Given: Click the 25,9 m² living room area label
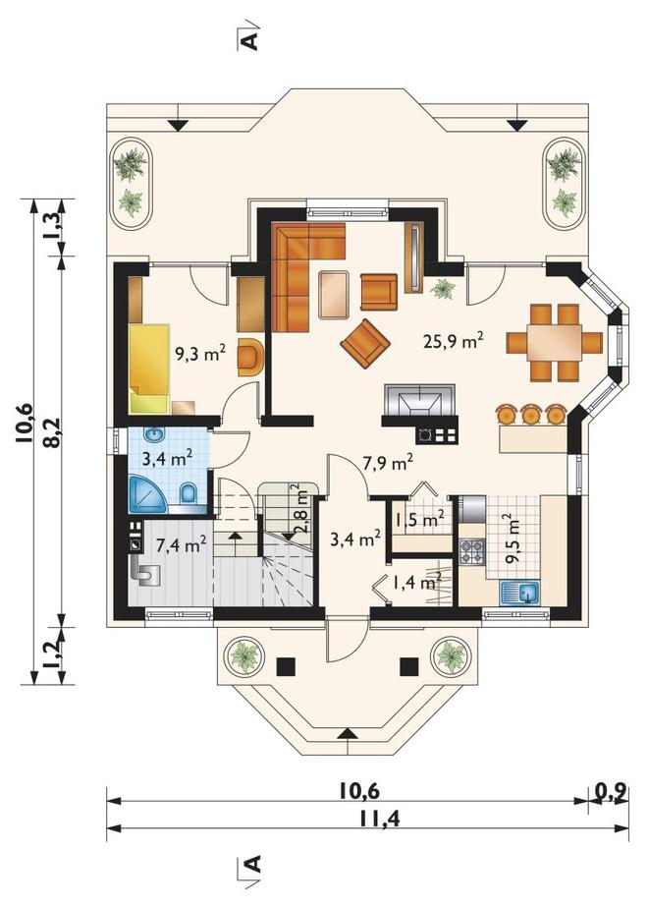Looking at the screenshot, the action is click(x=454, y=340).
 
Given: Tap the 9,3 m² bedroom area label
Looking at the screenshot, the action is click(x=200, y=353).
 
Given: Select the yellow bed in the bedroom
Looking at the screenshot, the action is click(x=150, y=369).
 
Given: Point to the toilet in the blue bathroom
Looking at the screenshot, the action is click(x=189, y=495).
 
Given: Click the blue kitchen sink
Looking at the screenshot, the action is click(x=519, y=593).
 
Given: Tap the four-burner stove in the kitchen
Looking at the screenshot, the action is click(x=471, y=551).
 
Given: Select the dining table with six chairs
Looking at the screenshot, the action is click(x=555, y=342).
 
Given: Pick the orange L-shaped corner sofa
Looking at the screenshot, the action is click(x=300, y=263).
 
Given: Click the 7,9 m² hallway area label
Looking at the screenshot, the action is click(x=388, y=462).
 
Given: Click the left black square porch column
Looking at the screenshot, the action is click(x=286, y=667).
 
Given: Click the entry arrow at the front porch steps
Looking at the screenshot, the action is click(x=347, y=733).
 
